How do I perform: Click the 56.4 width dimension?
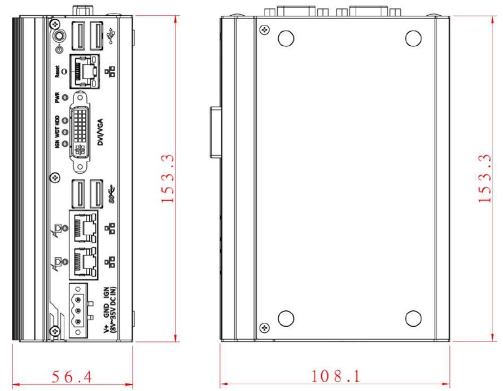click(x=72, y=376)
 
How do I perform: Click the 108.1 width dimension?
click(x=336, y=376)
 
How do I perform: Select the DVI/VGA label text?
click(x=100, y=132)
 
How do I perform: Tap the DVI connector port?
click(x=80, y=131)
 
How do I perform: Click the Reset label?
click(x=57, y=72)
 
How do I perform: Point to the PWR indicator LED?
click(x=65, y=97)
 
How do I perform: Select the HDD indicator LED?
click(x=65, y=121)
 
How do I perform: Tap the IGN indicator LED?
click(x=65, y=144)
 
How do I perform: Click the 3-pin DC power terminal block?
click(x=78, y=310)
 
